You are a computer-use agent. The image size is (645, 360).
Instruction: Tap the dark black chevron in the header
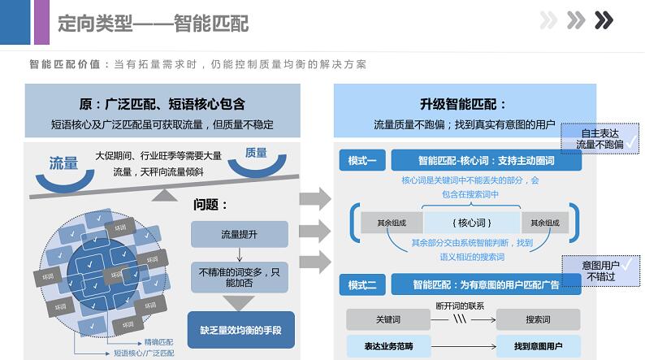[604, 20]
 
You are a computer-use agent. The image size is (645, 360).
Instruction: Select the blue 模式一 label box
[361, 160]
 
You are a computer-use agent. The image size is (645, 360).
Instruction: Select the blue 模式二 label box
[361, 284]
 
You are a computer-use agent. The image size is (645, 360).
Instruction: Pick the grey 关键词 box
[388, 319]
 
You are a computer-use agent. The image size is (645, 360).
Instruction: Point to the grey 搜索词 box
[538, 319]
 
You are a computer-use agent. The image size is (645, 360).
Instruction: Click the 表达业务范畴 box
[388, 346]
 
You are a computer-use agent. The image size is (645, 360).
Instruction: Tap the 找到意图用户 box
[538, 346]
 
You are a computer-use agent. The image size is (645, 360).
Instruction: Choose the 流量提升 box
[239, 234]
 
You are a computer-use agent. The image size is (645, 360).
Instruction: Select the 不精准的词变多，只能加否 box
[239, 276]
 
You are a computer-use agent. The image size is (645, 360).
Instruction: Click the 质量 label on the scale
[255, 153]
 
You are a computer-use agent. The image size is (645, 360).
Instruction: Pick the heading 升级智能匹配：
[463, 104]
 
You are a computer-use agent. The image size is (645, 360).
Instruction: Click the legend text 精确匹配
[158, 341]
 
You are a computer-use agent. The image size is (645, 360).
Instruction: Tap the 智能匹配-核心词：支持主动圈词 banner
[486, 160]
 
